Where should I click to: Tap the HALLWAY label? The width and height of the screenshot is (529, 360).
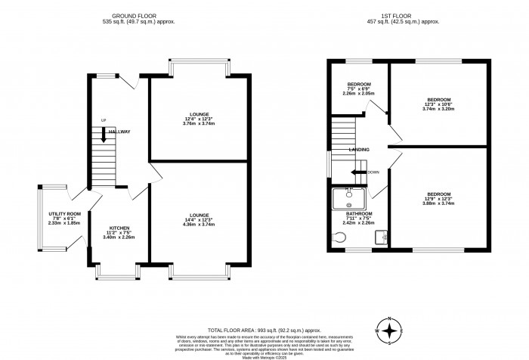118,132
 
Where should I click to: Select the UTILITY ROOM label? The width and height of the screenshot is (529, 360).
60,216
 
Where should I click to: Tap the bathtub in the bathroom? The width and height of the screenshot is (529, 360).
349,197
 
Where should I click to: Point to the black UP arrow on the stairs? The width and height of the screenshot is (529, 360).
103,135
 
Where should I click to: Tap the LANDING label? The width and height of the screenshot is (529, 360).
359,150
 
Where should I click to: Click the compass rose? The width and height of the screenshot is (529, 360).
389,331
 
